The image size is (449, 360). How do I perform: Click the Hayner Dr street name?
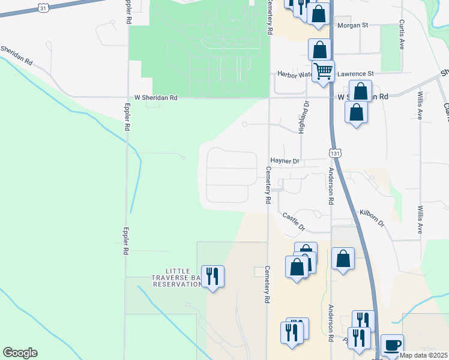[285, 161]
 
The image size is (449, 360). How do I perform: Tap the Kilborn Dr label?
[372, 218]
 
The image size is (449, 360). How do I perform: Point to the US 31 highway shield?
[43, 7]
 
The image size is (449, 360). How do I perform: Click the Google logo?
[20, 353]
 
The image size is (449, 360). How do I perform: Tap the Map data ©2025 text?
[424, 355]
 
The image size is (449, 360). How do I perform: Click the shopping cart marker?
[323, 71]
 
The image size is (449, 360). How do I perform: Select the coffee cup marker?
[392, 345]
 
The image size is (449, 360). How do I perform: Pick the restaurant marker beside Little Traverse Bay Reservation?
[212, 276]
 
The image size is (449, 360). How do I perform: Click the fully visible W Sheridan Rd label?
[155, 97]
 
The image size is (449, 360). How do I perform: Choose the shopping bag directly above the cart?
[320, 49]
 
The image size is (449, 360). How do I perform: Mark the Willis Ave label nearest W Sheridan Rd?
[418, 107]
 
